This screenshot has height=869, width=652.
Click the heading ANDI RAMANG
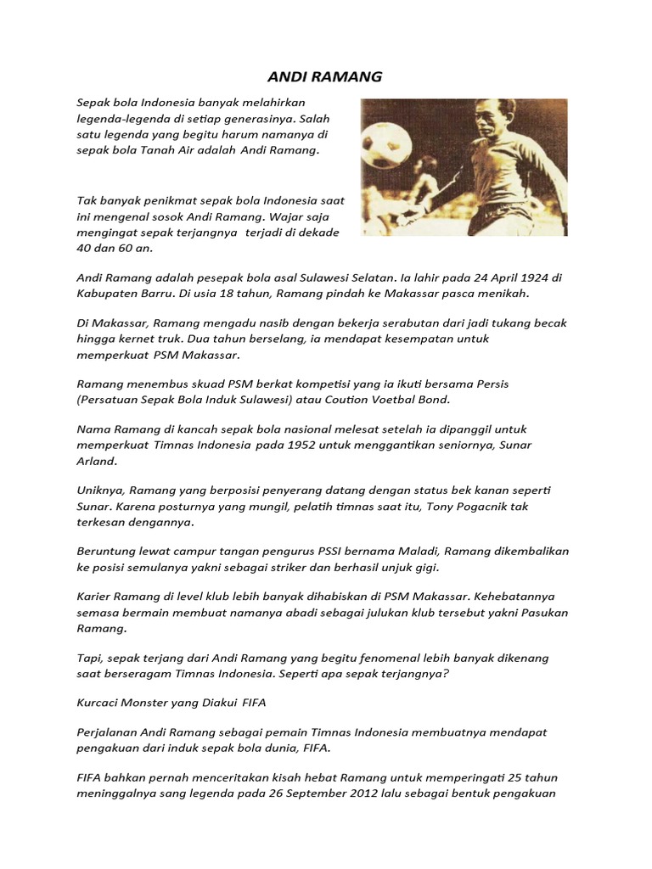pyautogui.click(x=324, y=77)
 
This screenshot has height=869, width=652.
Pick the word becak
pyautogui.click(x=548, y=323)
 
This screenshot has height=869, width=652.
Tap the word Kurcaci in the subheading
pyautogui.click(x=100, y=703)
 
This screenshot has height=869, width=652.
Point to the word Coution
pyautogui.click(x=325, y=400)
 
